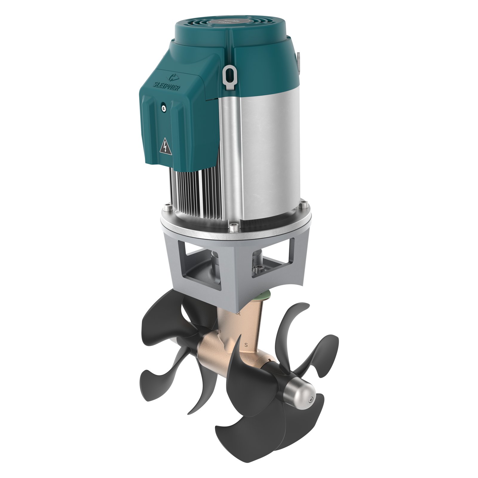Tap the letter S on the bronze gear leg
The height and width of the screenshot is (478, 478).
coord(246,344)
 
